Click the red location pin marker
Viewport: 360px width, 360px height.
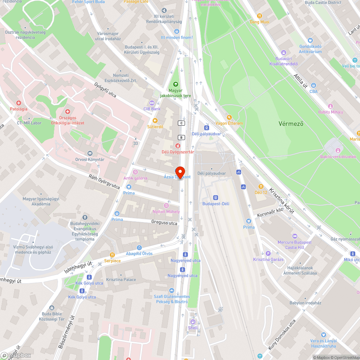(x=179, y=172)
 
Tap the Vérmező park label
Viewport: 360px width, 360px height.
(x=291, y=123)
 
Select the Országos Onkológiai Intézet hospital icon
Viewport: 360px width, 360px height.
(x=67, y=112)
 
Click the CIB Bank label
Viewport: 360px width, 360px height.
(x=152, y=109)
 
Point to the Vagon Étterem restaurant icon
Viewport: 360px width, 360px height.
(x=229, y=117)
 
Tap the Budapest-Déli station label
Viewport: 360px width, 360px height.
(x=216, y=203)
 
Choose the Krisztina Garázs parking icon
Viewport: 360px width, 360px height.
(x=267, y=254)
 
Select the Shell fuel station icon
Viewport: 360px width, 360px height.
(x=193, y=322)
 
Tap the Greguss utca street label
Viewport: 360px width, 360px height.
(x=164, y=223)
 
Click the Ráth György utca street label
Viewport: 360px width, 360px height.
(x=104, y=181)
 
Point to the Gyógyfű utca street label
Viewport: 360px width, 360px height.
(x=105, y=90)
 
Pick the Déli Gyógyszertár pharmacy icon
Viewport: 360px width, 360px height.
(x=177, y=146)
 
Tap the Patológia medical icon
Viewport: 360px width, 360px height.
(x=18, y=103)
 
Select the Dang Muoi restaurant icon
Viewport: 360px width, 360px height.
(x=260, y=16)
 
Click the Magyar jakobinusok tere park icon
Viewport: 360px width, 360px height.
(x=176, y=84)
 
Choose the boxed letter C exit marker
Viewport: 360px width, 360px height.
(x=181, y=123)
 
